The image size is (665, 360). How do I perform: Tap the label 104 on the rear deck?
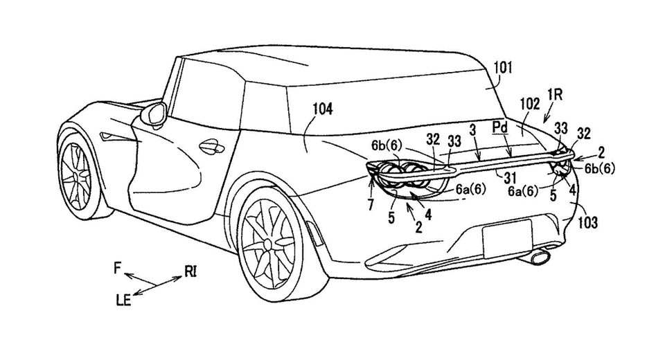click(322, 109)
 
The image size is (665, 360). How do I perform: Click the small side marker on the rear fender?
click(309, 233)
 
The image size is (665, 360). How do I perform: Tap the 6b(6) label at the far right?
click(601, 167)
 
